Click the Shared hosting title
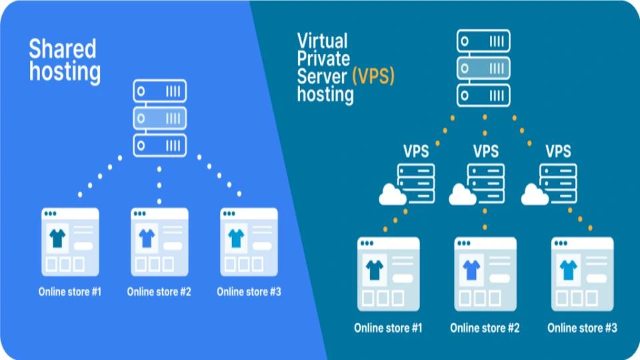tap(63, 59)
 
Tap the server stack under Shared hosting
tap(159, 118)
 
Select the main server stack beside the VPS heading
tap(483, 67)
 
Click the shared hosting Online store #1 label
tap(69, 291)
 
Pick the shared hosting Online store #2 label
tap(159, 291)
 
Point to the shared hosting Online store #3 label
tap(249, 291)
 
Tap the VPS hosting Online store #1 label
tap(388, 328)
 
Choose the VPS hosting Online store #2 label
tap(485, 328)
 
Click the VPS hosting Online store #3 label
tap(582, 328)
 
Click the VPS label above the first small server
tap(416, 151)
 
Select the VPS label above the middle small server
tap(485, 151)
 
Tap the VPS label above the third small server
tap(558, 151)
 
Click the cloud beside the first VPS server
tap(392, 194)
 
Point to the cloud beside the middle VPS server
tap(463, 195)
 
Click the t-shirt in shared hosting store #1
tap(57, 236)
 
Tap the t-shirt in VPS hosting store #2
tap(471, 269)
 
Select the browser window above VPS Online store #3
tap(582, 274)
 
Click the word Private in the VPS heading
tap(323, 58)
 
